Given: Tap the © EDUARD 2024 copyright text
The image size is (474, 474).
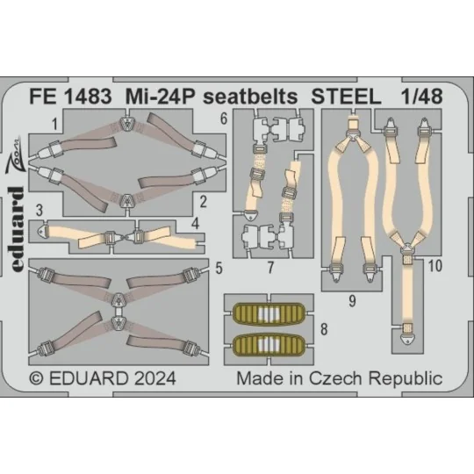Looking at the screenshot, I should pos(104,378).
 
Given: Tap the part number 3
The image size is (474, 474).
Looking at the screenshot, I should pos(40,209).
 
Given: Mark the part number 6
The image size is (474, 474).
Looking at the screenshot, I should pos(225,120).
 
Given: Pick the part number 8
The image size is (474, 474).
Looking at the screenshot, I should pos(325,329).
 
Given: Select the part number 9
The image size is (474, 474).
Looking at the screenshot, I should pos(351,301).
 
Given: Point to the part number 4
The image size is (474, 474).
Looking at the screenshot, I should pos(201,224).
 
